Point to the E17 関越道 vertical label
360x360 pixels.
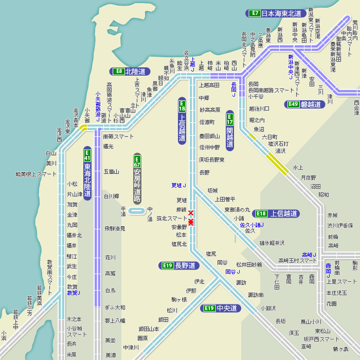(x=230, y=131)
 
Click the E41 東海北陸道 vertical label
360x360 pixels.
(x=87, y=173)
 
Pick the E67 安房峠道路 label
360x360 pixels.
(x=137, y=178)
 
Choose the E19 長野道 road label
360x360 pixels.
(x=179, y=265)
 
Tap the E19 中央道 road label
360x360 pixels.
(x=221, y=308)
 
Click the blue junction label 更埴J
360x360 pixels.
(x=179, y=185)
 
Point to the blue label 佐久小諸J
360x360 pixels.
(x=252, y=225)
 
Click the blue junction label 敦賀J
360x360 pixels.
(x=74, y=293)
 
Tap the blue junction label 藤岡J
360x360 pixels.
(x=328, y=269)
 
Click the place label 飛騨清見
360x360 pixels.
(x=115, y=228)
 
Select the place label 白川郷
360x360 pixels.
(x=112, y=196)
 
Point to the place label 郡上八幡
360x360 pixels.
(x=115, y=320)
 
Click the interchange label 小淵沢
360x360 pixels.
(x=268, y=309)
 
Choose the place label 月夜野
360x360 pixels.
(x=309, y=177)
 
